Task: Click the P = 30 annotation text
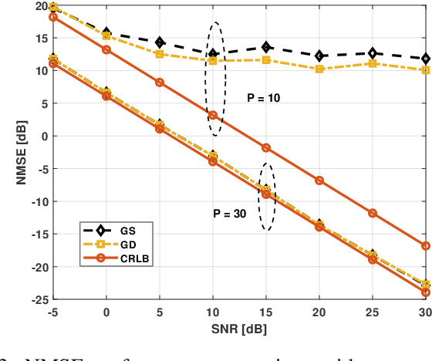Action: (x=229, y=214)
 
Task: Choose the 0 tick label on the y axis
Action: (x=44, y=137)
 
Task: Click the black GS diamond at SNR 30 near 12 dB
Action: (x=426, y=59)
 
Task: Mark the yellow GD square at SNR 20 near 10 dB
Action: (x=319, y=69)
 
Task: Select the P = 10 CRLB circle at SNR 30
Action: (x=426, y=245)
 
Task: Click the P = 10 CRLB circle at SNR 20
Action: (x=319, y=180)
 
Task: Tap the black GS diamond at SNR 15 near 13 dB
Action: (x=266, y=47)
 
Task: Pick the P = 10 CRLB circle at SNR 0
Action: (x=106, y=49)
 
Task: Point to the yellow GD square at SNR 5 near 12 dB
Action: (x=160, y=54)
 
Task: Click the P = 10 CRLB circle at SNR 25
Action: (x=373, y=213)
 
